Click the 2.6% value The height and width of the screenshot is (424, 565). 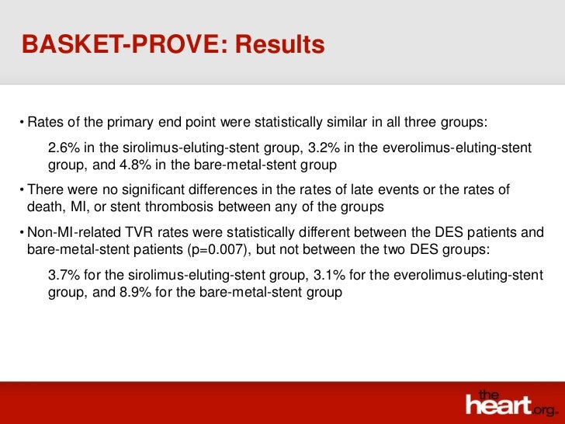click(x=63, y=148)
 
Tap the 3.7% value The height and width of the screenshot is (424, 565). click(x=63, y=276)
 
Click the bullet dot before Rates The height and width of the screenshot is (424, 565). click(x=23, y=123)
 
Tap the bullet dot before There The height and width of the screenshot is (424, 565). click(x=23, y=190)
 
